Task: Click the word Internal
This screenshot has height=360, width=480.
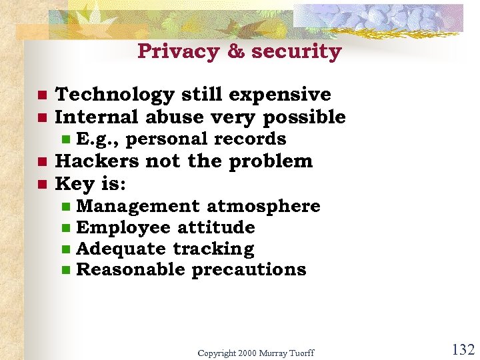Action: (x=97, y=117)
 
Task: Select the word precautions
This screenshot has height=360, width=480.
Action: (x=249, y=270)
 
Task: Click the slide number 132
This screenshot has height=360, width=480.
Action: (x=462, y=349)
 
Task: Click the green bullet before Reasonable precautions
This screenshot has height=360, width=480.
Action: (x=65, y=271)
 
